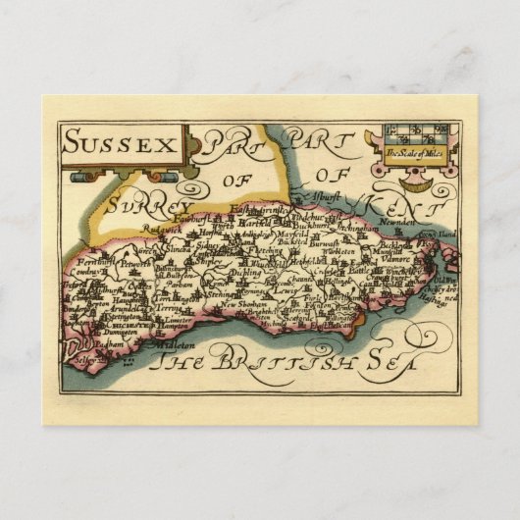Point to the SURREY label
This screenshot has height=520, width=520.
click(x=150, y=207)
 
